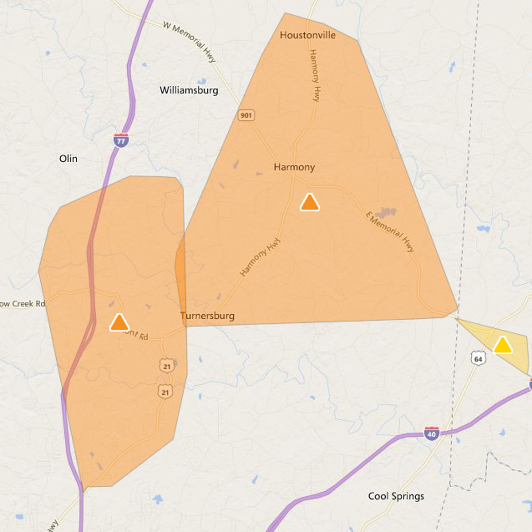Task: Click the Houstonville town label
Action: pyautogui.click(x=308, y=35)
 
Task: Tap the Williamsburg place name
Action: pyautogui.click(x=189, y=90)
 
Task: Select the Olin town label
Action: pyautogui.click(x=68, y=159)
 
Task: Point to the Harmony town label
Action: pyautogui.click(x=294, y=167)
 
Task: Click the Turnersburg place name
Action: pyautogui.click(x=207, y=316)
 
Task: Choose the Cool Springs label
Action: pyautogui.click(x=396, y=496)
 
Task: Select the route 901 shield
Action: pyautogui.click(x=246, y=115)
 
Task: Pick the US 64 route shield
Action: pyautogui.click(x=478, y=358)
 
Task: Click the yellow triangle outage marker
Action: pyautogui.click(x=503, y=345)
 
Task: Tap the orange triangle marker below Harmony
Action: pyautogui.click(x=309, y=202)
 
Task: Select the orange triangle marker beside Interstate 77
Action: pyautogui.click(x=119, y=322)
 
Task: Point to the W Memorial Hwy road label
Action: pyautogui.click(x=189, y=42)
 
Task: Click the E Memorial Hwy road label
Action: pyautogui.click(x=390, y=232)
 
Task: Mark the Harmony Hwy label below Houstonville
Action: pyautogui.click(x=314, y=75)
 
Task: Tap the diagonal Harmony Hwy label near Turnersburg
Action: pyautogui.click(x=260, y=257)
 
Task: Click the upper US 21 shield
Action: pyautogui.click(x=167, y=366)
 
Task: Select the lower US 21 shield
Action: pyautogui.click(x=165, y=392)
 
